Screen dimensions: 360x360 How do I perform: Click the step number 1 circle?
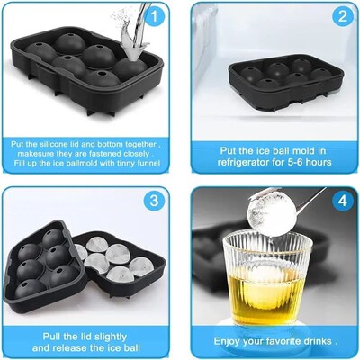pyautogui.click(x=155, y=16)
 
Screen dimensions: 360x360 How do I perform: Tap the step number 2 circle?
pyautogui.click(x=341, y=16)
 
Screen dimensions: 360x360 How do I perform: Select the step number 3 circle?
pyautogui.click(x=155, y=202)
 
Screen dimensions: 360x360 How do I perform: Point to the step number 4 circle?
pyautogui.click(x=341, y=202)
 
